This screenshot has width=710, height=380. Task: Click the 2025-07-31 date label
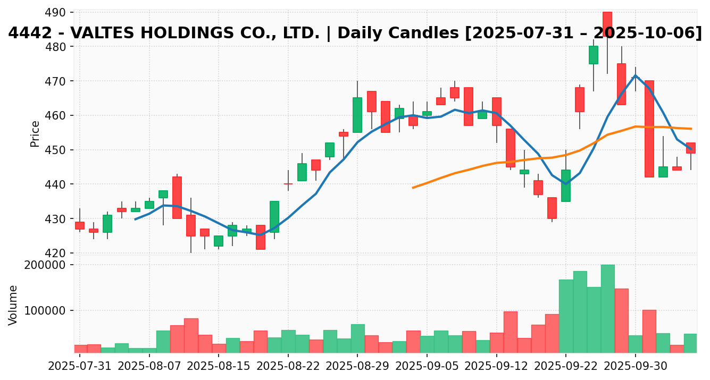(80, 366)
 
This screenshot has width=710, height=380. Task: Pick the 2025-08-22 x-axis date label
(288, 366)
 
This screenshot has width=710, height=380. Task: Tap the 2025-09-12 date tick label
(496, 366)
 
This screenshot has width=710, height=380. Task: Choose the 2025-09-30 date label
(635, 366)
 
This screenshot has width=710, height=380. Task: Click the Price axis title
(35, 133)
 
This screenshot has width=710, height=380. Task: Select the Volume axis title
(13, 305)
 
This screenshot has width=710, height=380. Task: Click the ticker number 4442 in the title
(26, 33)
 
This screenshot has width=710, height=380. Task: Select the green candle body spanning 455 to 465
(357, 115)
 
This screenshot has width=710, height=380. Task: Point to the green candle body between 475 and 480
(594, 55)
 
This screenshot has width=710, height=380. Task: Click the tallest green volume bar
(608, 308)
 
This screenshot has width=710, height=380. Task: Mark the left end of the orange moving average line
(413, 188)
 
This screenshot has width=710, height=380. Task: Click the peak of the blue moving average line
(635, 75)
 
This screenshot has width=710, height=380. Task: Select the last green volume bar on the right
(690, 343)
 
